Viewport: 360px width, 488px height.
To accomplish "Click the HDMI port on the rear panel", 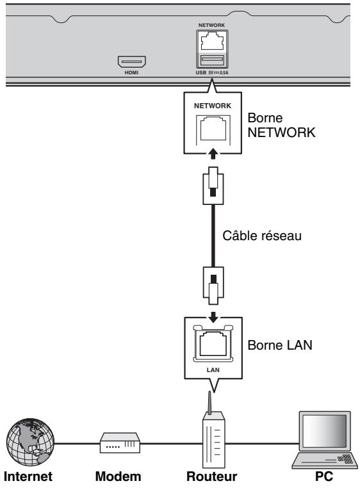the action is [132, 61].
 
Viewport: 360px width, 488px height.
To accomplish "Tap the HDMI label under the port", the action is [131, 72].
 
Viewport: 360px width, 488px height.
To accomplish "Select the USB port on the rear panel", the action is [212, 60].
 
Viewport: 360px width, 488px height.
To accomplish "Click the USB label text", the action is [201, 72].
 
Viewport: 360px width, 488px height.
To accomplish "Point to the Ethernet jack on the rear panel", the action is [212, 42].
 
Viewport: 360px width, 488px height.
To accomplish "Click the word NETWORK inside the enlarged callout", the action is [213, 106].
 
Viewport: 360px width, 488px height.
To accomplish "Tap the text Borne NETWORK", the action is [281, 125].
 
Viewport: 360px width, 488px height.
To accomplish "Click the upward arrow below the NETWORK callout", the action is [213, 154].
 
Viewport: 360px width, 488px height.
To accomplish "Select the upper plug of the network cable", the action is [213, 186].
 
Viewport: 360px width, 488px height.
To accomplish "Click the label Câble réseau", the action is [262, 236].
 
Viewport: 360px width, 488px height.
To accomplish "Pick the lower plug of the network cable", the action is [213, 286].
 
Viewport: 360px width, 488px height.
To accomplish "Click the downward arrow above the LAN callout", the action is [213, 318].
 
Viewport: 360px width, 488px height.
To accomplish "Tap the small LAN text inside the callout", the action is [213, 370].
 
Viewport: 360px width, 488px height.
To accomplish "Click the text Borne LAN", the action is [280, 345].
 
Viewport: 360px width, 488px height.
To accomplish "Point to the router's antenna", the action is [209, 402].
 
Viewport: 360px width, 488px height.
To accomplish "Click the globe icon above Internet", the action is [30, 442].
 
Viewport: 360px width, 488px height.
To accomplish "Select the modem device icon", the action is [120, 443].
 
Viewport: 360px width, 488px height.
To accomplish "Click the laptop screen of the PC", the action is [325, 431].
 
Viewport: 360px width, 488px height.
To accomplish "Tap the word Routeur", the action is [212, 476].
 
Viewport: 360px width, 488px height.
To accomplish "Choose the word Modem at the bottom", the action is [118, 476].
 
